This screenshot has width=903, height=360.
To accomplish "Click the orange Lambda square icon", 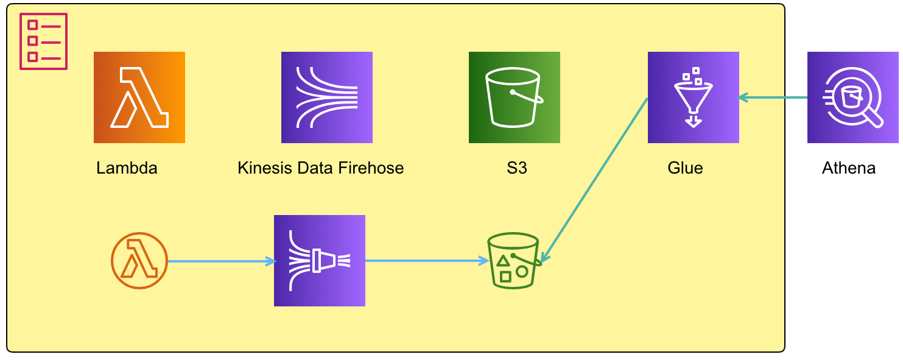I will click(x=139, y=97).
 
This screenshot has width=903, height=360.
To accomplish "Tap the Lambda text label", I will click(x=127, y=168).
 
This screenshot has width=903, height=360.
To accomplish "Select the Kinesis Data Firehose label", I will click(x=320, y=168).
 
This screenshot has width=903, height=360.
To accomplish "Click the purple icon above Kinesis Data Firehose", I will click(x=327, y=97).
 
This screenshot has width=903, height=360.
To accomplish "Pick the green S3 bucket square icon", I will click(x=515, y=97).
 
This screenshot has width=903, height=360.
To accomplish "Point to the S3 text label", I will click(x=516, y=168).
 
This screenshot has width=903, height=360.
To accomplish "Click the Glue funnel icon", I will click(x=694, y=97).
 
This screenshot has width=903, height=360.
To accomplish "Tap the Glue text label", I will click(x=685, y=168).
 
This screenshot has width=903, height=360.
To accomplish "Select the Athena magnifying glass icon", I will click(x=853, y=97).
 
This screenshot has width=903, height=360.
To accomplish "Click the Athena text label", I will click(x=849, y=168).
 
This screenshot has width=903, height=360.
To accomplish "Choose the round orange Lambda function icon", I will click(x=139, y=261).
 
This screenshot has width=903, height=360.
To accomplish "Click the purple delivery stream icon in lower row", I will click(x=320, y=261).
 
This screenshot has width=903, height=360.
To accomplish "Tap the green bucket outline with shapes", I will click(x=513, y=260).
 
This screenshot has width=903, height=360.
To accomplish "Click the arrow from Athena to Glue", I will click(x=773, y=97).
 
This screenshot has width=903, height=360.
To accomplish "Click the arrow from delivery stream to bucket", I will click(x=426, y=261).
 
